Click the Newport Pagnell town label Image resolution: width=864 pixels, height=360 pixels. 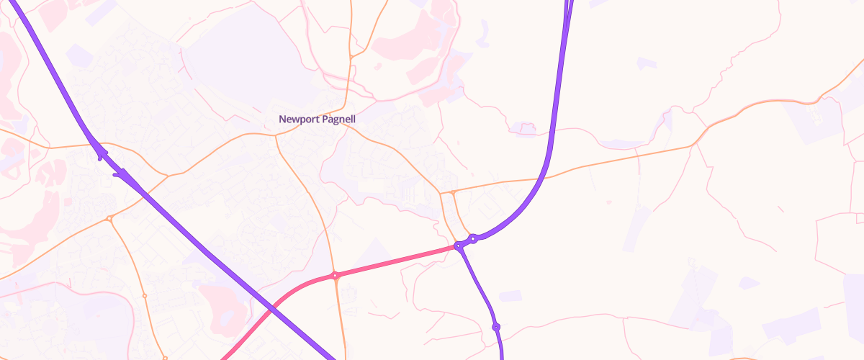coord(318,119)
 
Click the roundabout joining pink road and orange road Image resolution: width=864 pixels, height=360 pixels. coord(335,275)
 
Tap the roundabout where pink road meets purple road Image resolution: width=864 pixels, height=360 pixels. coord(458,246)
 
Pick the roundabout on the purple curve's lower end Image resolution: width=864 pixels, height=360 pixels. coord(473,238)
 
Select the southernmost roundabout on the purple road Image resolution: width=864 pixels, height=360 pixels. coord(496,327)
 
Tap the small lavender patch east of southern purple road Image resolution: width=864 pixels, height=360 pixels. coord(510,296)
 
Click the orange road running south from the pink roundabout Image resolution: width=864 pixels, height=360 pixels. coord(339,317)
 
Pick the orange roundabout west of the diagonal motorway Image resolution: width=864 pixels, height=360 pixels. coord(109,217)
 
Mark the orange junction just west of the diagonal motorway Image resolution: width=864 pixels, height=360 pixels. coord(167,175)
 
